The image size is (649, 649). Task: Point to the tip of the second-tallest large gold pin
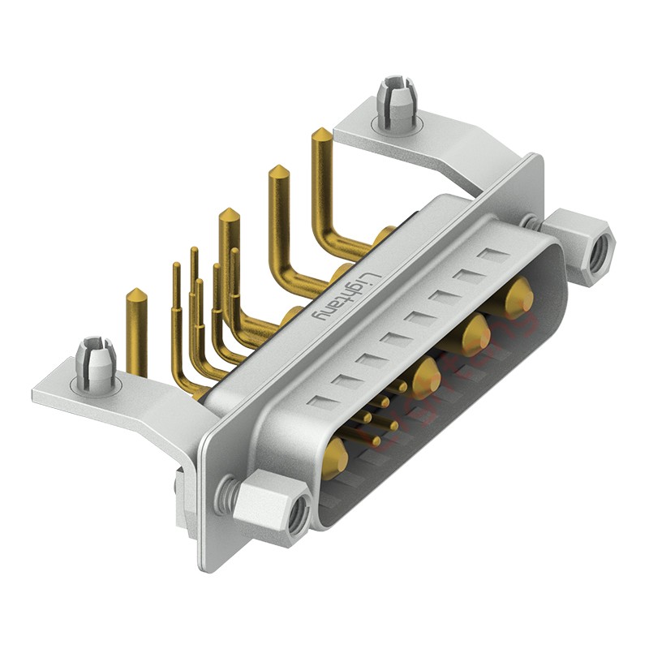[278, 174]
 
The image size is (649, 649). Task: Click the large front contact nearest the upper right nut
[518, 295]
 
